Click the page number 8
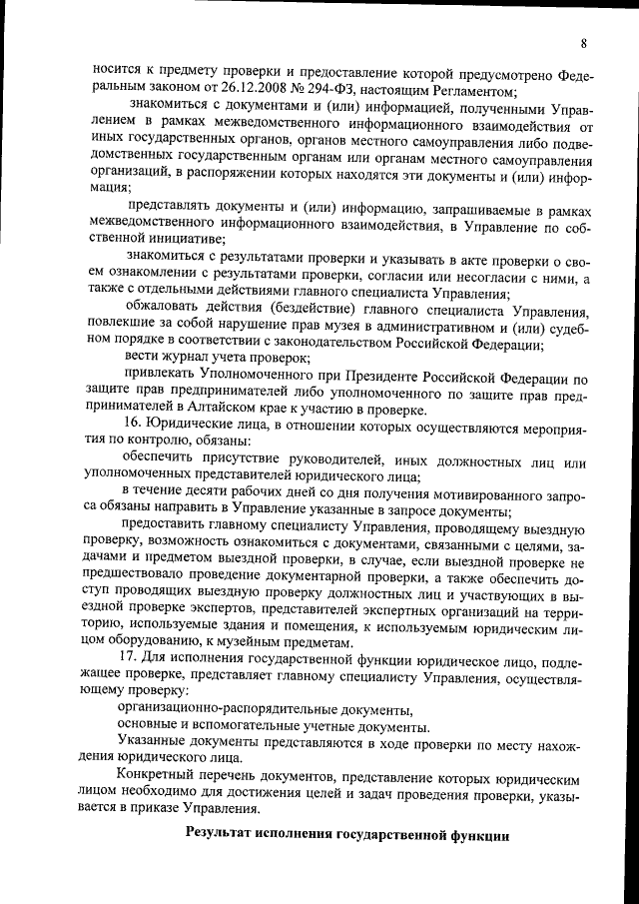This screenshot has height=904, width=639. [582, 42]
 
